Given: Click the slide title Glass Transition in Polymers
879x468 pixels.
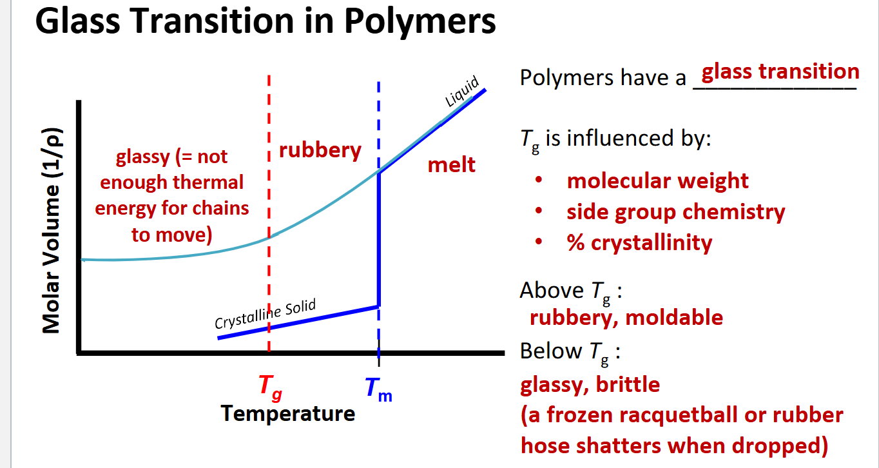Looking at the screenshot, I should click(266, 22).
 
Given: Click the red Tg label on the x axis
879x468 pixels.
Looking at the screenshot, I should click(270, 387).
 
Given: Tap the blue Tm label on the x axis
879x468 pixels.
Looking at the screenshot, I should click(378, 389).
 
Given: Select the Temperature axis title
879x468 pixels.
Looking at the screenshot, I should click(287, 413).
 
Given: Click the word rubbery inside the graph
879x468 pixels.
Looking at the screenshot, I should click(320, 150).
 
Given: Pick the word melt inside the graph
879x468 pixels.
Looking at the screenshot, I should click(451, 164).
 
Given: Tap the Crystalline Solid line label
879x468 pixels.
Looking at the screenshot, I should click(265, 314).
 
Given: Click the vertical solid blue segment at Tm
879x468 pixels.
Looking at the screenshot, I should click(379, 239).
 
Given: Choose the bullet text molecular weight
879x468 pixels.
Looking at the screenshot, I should click(657, 181).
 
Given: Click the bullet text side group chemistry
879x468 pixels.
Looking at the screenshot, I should click(675, 211).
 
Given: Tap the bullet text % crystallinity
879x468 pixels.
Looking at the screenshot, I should click(639, 242).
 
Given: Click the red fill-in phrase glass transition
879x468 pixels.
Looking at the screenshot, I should click(780, 71).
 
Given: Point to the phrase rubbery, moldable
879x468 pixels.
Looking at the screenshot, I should click(626, 317).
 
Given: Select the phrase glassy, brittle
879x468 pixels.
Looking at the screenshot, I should click(590, 385).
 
